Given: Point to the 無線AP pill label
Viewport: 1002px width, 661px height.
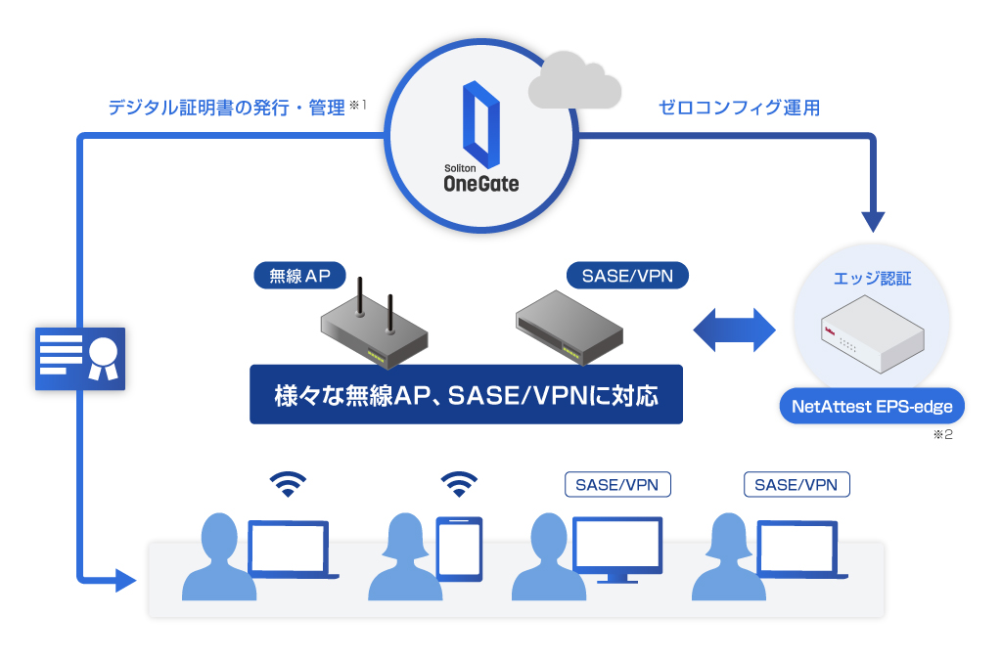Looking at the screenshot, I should tap(299, 276).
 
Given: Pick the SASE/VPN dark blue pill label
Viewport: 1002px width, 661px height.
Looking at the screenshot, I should tap(627, 276).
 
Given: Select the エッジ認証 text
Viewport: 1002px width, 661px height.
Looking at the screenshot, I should tap(872, 279).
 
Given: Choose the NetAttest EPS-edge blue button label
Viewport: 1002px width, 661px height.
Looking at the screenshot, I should tap(873, 406).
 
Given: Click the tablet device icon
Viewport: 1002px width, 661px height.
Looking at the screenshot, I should tap(458, 550).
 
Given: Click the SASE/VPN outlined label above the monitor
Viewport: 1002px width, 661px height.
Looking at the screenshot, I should tap(617, 484).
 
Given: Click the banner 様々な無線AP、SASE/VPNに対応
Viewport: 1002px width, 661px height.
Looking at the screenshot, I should tap(466, 395).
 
